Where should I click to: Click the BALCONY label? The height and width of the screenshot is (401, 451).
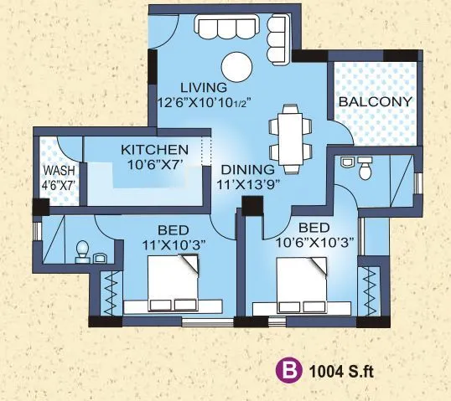tap(375, 102)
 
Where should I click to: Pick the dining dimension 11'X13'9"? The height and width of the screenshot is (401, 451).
tap(246, 183)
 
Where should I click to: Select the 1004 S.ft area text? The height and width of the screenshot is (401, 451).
tap(338, 368)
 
